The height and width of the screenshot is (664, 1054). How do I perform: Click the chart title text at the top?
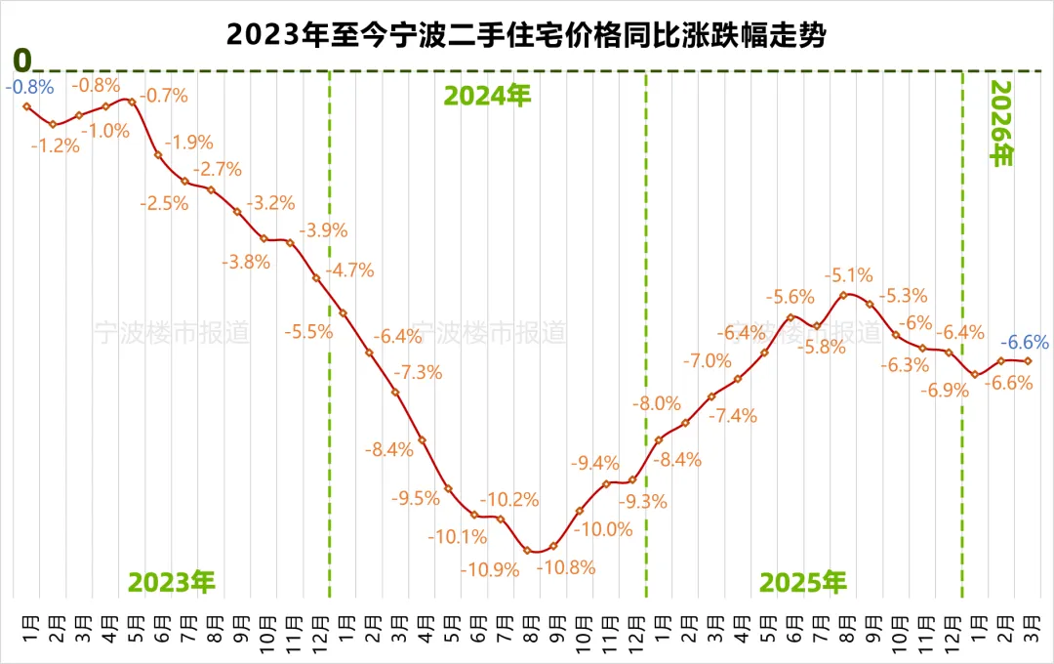click(527, 36)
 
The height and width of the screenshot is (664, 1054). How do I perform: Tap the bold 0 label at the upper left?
click(20, 60)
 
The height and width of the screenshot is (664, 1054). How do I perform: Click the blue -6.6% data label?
click(1027, 342)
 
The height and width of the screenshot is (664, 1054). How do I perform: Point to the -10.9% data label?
click(492, 569)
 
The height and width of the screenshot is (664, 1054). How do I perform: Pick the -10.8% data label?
click(568, 567)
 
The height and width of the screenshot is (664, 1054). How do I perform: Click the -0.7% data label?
click(163, 96)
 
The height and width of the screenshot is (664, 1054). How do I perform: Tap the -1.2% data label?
click(55, 145)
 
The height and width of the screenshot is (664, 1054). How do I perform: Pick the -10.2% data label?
click(513, 499)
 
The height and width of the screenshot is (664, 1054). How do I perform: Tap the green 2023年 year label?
click(172, 582)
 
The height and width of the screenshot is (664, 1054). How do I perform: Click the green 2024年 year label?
click(487, 96)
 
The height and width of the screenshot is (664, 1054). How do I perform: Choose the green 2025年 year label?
click(803, 582)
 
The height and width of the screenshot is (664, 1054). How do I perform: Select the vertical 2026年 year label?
click(1002, 123)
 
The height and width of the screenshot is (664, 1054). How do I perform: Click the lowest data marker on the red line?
click(528, 551)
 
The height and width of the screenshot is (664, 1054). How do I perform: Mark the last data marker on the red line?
click(1028, 361)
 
